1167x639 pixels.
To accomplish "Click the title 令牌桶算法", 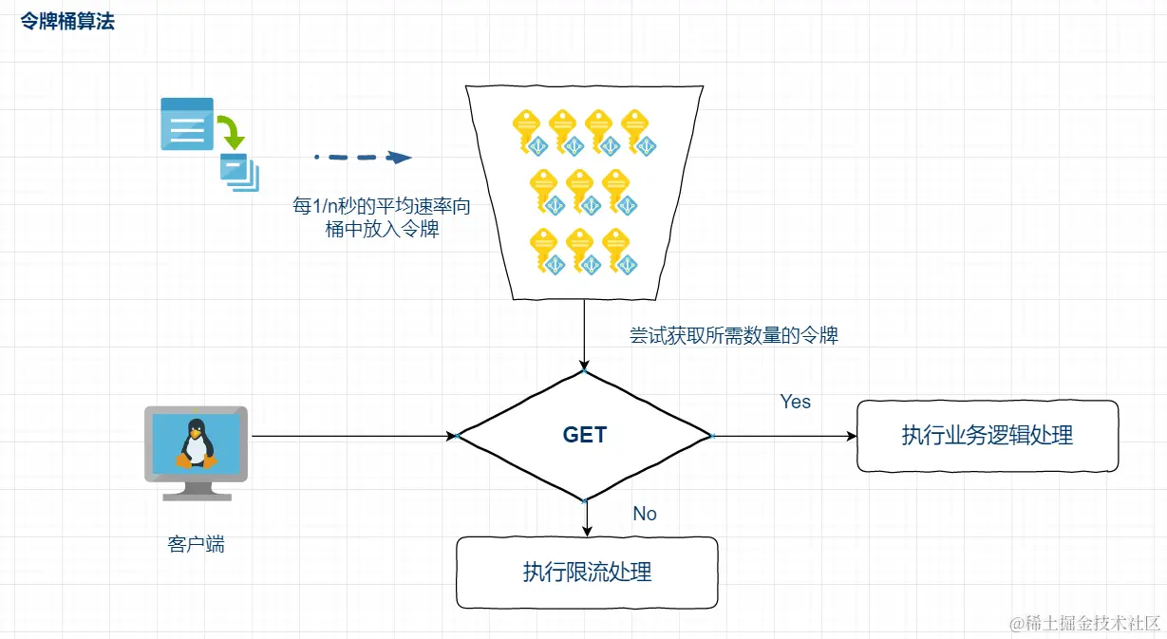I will point(67,21).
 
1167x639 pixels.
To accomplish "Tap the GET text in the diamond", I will point(584,435).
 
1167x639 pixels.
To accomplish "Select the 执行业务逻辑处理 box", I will point(988,436).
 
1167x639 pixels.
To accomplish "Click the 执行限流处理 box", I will point(587,572).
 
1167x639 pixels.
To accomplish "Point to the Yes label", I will point(795,402).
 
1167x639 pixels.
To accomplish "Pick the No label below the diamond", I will point(644,514).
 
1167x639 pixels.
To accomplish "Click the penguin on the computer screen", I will point(196,443).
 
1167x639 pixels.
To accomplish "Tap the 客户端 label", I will point(196,544).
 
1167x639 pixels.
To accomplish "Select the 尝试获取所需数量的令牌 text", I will point(733,335).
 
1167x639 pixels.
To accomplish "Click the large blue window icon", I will point(186,123).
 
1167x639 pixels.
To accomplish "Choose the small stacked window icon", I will point(238,172).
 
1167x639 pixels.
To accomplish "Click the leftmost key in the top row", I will point(528,130).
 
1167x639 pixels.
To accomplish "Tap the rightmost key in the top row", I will point(636,130).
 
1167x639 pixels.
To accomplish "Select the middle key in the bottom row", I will point(581,250).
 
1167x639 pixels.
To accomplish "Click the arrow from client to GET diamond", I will point(351,436).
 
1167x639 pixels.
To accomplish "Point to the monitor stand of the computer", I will point(196,489).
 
